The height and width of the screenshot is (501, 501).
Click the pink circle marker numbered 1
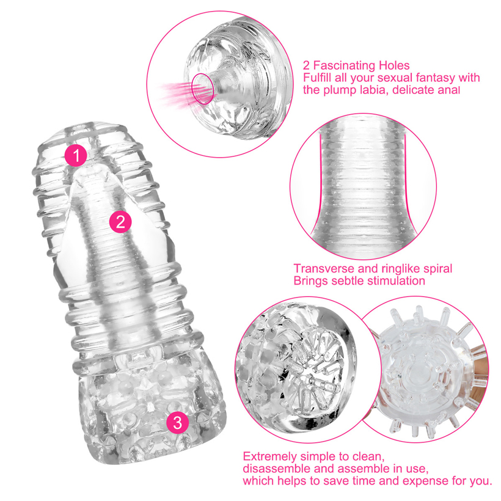pyautogui.click(x=76, y=155)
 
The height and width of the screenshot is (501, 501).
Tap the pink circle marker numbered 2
pyautogui.click(x=120, y=221)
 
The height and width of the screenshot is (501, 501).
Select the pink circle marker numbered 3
pyautogui.click(x=178, y=422)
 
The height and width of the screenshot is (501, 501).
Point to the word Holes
pyautogui.click(x=394, y=65)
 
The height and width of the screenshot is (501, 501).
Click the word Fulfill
pyautogui.click(x=316, y=78)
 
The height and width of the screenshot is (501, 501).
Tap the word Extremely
pyautogui.click(x=269, y=456)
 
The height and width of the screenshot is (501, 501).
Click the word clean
pyautogui.click(x=367, y=457)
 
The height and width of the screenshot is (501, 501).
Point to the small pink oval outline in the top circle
pyautogui.click(x=203, y=89)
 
